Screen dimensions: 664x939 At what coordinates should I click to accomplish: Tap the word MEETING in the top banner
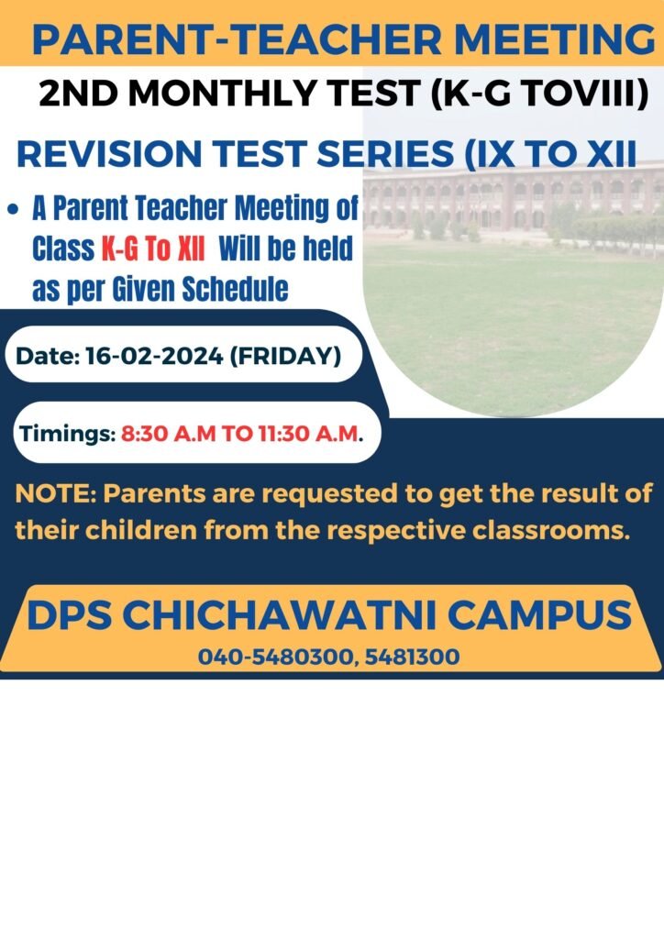pos(555,39)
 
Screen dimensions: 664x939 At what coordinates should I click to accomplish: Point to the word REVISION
pos(109,153)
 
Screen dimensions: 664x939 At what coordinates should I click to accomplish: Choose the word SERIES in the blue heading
pos(385,153)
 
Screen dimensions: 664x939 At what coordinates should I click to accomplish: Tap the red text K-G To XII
pos(152,248)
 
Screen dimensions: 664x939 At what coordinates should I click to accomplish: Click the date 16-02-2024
pos(154,356)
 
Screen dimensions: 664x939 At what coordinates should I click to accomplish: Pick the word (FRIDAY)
pos(285,357)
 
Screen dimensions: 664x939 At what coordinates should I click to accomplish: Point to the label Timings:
pos(67,434)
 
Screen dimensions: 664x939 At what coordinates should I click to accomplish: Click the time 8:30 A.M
pos(168,433)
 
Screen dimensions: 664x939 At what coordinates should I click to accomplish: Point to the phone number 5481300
pos(412,657)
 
